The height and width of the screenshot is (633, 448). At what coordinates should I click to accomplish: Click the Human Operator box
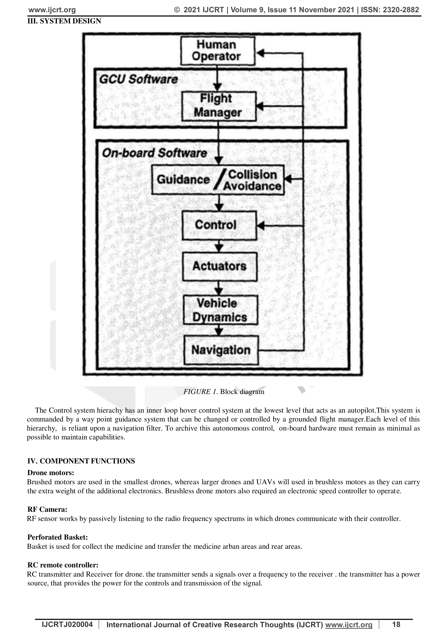click(x=218, y=51)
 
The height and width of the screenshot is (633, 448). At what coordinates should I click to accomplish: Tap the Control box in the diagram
click(x=219, y=225)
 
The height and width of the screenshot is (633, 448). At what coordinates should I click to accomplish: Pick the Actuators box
click(x=220, y=267)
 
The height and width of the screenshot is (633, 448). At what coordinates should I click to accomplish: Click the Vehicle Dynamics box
click(x=221, y=310)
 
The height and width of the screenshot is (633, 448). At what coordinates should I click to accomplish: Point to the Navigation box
click(x=221, y=350)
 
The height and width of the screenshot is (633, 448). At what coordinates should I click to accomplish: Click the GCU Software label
click(x=138, y=79)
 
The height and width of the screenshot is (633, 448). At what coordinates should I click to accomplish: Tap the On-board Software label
click(x=154, y=153)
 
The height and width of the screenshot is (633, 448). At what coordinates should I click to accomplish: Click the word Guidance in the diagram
click(x=183, y=180)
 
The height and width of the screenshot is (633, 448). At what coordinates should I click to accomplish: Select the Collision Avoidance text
click(x=252, y=180)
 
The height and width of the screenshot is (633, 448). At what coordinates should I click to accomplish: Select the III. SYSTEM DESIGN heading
click(x=64, y=21)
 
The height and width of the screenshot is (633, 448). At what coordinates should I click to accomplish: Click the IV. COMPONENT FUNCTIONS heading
click(x=81, y=461)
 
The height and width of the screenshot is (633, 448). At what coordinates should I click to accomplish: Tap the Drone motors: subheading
click(x=51, y=473)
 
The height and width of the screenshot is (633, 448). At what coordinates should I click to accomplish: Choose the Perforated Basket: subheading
click(x=57, y=537)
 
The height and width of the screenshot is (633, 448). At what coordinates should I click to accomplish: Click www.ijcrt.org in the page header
click(x=52, y=10)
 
